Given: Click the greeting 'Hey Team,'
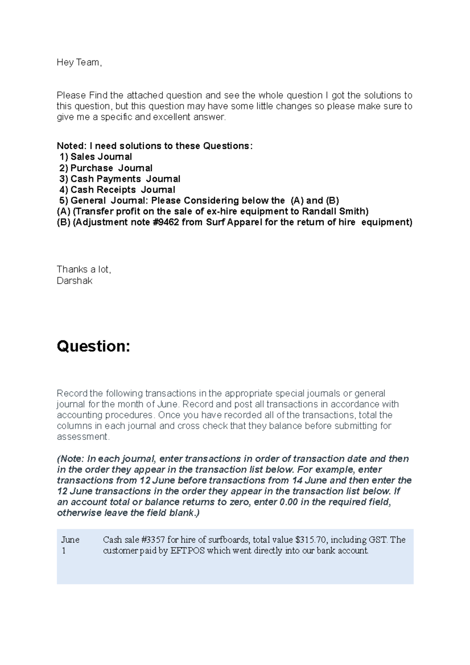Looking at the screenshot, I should (79, 63).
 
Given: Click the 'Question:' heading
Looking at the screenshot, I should (93, 347).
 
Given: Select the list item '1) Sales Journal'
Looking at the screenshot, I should (96, 157).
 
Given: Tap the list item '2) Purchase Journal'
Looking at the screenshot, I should (106, 168).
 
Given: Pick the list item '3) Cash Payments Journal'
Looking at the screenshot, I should (120, 179).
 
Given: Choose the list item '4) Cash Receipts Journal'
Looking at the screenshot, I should (117, 190).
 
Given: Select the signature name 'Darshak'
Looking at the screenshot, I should (74, 281).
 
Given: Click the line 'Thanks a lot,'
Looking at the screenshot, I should (84, 269).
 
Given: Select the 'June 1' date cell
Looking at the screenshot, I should (70, 545).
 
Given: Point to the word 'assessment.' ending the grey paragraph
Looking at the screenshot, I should (83, 437).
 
